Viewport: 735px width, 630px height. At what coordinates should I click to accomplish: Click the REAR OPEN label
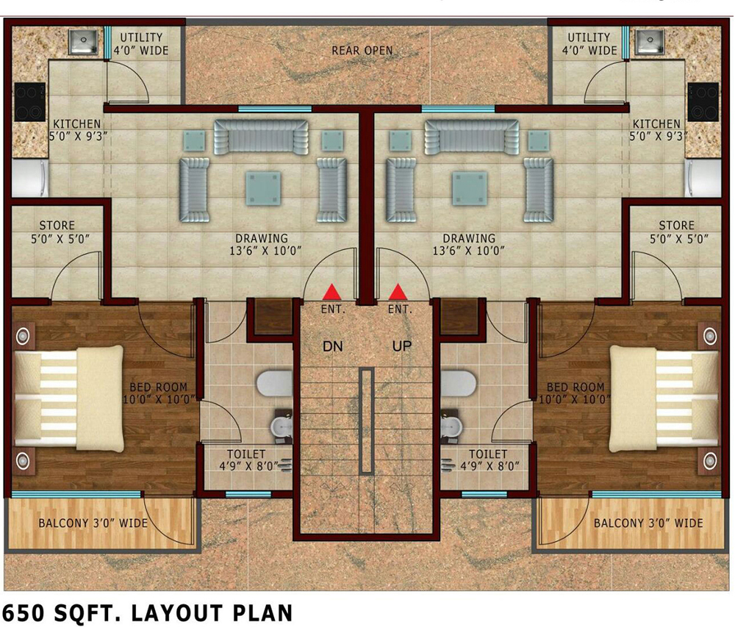362,50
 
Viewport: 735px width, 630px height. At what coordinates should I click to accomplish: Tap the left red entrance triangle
332,292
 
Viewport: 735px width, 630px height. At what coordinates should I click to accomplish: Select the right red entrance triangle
398,292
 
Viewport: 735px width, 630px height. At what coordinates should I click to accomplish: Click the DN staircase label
332,346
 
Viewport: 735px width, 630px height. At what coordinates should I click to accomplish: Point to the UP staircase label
402,346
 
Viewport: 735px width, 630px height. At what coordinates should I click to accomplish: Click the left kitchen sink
83,42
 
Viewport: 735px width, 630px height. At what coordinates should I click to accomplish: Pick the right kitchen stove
703,101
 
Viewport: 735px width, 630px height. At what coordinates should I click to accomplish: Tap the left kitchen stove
29,101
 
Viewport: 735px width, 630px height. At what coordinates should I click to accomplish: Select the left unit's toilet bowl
274,383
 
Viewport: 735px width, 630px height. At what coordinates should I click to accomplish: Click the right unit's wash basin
451,426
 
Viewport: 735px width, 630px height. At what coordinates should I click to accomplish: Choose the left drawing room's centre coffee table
263,188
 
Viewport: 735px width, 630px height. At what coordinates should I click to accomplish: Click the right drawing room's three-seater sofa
472,137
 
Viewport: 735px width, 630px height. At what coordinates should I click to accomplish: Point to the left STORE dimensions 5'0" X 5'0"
60,239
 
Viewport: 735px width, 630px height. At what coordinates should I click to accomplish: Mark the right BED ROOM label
576,387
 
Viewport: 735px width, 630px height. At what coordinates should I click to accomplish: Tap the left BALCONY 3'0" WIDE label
93,523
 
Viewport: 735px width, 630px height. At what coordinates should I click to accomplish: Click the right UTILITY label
589,37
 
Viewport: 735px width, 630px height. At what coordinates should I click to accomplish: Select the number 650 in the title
24,613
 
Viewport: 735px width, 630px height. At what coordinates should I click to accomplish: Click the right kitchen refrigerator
703,178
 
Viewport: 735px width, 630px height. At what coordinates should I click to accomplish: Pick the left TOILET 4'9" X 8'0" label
248,460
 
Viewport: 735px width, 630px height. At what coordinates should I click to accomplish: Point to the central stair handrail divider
367,421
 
